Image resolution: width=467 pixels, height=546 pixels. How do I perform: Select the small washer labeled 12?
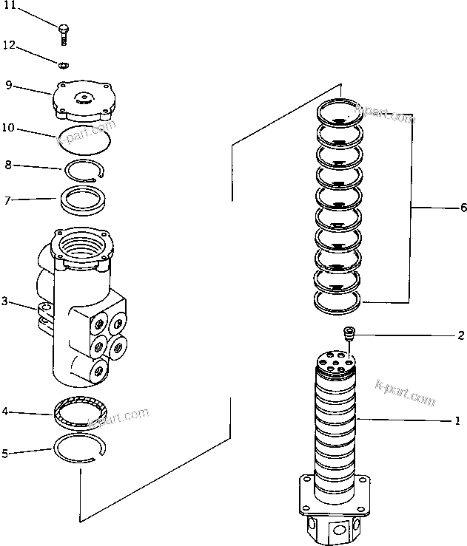click(64, 64)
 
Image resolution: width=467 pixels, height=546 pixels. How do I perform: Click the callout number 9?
click(8, 84)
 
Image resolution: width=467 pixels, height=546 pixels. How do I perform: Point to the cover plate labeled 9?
click(82, 103)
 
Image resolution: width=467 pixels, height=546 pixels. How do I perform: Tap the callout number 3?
click(5, 301)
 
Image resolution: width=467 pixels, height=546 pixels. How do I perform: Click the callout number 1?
click(458, 422)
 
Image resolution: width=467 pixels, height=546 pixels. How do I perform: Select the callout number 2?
click(460, 335)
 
